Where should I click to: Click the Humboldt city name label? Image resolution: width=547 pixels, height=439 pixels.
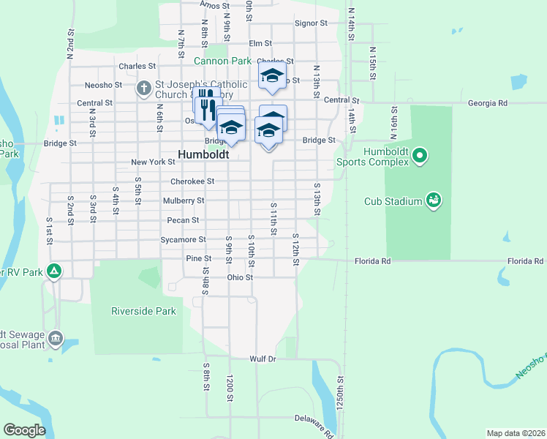(x=203, y=155)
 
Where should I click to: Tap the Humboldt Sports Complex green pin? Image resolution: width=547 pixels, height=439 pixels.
(x=419, y=155)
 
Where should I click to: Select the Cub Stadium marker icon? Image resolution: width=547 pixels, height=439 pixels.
(x=433, y=200)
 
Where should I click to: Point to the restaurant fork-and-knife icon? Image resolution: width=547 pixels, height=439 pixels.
(x=208, y=106)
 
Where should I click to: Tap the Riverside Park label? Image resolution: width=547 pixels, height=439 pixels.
(x=143, y=311)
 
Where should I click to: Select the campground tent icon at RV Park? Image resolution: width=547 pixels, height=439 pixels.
(x=53, y=271)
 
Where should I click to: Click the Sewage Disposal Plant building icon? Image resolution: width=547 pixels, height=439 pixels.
(x=56, y=339)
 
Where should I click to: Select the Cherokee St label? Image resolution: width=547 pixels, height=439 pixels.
(x=192, y=181)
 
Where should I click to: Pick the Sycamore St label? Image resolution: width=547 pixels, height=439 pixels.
(x=183, y=239)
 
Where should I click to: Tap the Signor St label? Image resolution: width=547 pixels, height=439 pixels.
(x=311, y=23)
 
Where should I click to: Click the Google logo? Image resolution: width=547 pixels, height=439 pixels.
(x=24, y=430)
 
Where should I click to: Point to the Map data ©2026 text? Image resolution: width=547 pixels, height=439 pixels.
(x=516, y=433)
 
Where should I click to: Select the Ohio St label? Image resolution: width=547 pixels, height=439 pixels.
(x=239, y=278)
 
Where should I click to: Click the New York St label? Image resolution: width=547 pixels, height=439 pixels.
(x=153, y=162)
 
